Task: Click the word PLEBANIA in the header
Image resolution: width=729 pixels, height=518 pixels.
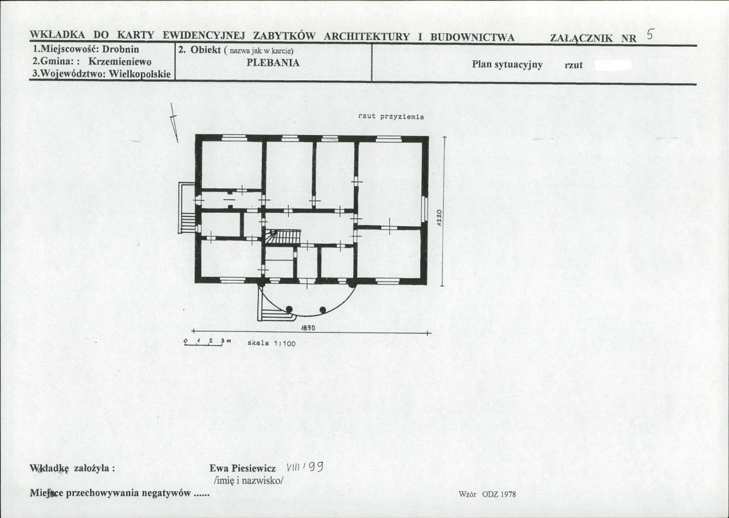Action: point(273,63)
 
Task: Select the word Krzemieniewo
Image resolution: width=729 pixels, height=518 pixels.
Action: point(120,61)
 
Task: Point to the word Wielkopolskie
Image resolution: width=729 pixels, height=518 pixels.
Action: point(140,74)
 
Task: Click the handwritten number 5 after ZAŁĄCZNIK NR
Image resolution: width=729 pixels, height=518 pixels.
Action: point(650,35)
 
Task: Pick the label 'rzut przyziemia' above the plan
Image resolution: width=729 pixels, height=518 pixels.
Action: point(391,117)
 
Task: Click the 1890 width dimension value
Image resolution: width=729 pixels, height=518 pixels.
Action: point(308,328)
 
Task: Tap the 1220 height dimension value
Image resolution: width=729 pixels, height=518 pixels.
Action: point(438,218)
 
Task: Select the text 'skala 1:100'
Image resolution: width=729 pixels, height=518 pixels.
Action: point(272,343)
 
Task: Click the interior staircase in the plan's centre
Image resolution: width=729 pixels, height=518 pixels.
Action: point(283,237)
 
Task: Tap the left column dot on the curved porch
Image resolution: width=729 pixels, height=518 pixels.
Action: point(289,309)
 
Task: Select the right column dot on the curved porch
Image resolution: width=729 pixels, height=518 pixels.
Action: point(323,309)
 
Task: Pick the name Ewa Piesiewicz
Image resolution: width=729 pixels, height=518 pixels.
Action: point(242,468)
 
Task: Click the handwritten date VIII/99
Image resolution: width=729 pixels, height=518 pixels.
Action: point(305,467)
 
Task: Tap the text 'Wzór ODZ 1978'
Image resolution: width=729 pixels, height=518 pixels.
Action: point(487,494)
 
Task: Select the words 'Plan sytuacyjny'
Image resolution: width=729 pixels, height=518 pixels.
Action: point(507,64)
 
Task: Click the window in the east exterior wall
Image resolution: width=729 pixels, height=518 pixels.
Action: point(424,209)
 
